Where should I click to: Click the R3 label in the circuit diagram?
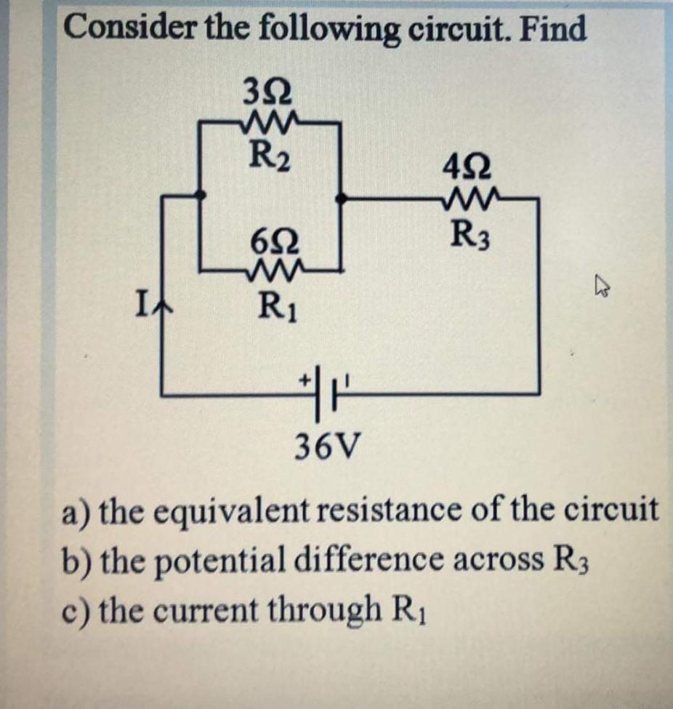(470, 233)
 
